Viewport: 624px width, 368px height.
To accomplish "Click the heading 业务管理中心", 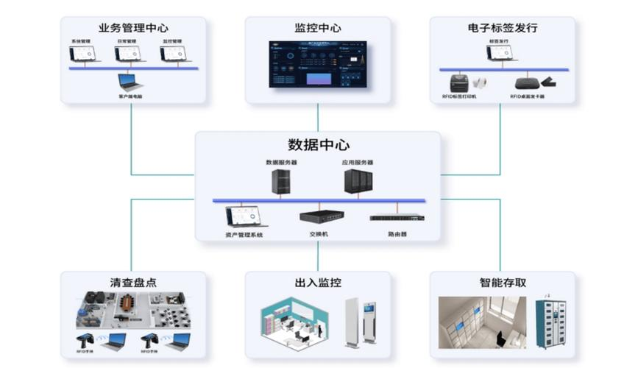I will [132, 29].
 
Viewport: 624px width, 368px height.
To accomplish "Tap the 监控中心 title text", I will [318, 29].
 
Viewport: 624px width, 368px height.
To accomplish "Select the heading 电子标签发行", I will [503, 29].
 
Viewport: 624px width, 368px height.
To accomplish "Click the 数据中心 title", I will [318, 144].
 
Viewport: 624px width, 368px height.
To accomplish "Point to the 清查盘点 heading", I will [132, 283].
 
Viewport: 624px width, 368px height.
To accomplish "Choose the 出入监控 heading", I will [318, 283].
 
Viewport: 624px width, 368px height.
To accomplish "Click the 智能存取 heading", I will [503, 283].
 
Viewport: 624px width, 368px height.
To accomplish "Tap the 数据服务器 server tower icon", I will [280, 182].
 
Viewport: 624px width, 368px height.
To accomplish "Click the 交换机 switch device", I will [318, 216].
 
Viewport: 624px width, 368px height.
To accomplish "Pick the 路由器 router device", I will [397, 217].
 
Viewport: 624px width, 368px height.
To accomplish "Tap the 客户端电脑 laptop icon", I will [130, 82].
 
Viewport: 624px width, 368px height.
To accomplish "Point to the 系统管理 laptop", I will [84, 54].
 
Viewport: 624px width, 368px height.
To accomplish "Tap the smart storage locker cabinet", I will [551, 322].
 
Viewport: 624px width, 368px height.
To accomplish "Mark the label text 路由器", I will [397, 234].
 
